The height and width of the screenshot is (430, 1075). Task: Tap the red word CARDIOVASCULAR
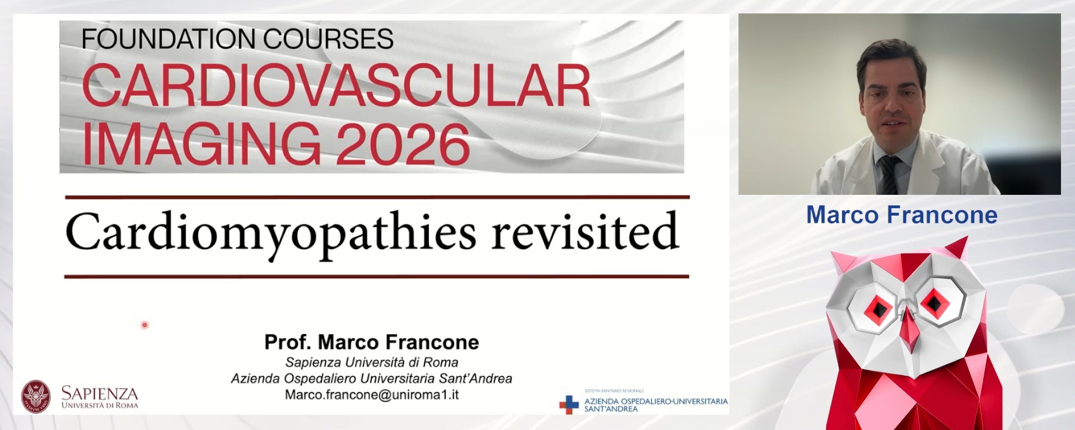pyautogui.click(x=336, y=86)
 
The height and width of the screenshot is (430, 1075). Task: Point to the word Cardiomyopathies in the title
pyautogui.click(x=270, y=232)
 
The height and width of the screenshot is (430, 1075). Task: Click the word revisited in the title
pyautogui.click(x=585, y=231)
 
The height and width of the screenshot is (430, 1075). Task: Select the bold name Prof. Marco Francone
pyautogui.click(x=372, y=342)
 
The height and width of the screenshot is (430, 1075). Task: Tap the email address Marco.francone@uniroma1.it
pyautogui.click(x=372, y=395)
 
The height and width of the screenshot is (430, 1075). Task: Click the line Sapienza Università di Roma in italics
pyautogui.click(x=372, y=362)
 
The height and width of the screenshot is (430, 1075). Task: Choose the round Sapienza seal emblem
pyautogui.click(x=36, y=396)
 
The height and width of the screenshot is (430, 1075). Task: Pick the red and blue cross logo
pyautogui.click(x=569, y=404)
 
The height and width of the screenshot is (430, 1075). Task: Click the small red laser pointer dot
pyautogui.click(x=144, y=325)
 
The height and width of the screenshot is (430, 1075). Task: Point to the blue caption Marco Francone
pyautogui.click(x=901, y=215)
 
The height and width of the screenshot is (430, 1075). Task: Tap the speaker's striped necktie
pyautogui.click(x=889, y=174)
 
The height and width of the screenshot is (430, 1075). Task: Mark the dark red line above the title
pyautogui.click(x=377, y=197)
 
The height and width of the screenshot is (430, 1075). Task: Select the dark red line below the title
pyautogui.click(x=376, y=276)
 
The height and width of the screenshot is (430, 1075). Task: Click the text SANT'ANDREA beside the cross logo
pyautogui.click(x=611, y=409)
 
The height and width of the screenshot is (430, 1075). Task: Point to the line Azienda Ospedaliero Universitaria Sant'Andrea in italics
pyautogui.click(x=372, y=378)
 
